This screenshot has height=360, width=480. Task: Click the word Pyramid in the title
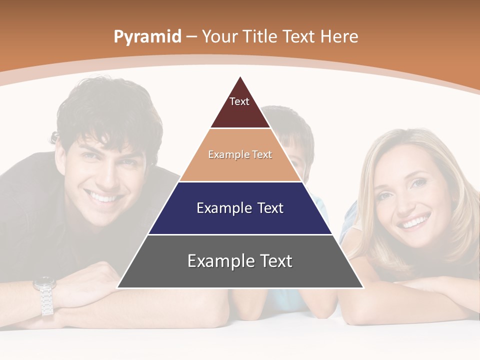coord(147,36)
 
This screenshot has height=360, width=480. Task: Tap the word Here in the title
coord(339,36)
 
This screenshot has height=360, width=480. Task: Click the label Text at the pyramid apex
coord(239,101)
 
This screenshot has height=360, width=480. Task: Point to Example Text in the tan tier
coord(240,154)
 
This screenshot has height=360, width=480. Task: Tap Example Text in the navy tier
coord(240,208)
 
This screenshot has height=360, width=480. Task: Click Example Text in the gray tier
coord(240,261)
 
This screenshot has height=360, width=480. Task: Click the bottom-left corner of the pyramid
coord(118,287)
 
